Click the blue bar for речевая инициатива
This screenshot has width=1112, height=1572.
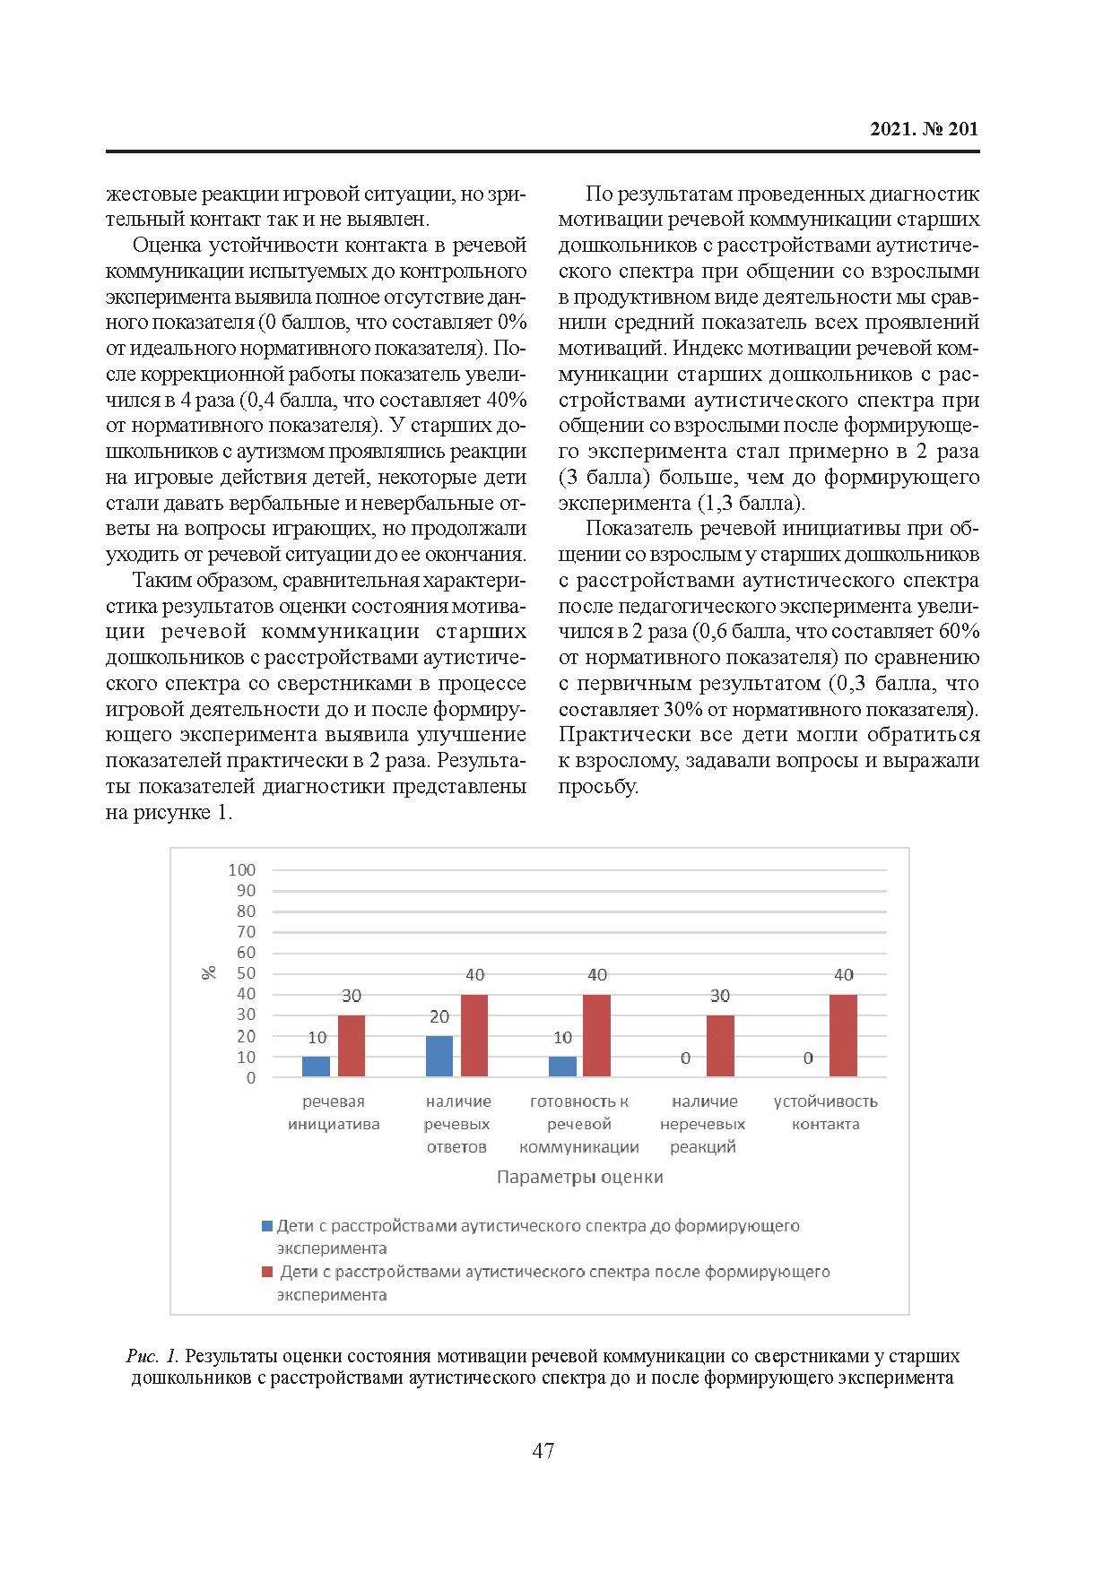(x=316, y=1067)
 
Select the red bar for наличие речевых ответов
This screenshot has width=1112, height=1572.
(x=474, y=1035)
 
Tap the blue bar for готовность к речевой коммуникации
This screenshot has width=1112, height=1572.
(x=562, y=1067)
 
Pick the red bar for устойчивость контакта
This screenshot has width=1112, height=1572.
(x=843, y=1035)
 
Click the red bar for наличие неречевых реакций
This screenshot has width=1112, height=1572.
(x=720, y=1046)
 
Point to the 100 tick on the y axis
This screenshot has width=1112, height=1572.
(x=242, y=870)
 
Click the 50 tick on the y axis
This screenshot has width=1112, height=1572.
(x=246, y=974)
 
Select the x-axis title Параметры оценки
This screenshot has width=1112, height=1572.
(x=579, y=1178)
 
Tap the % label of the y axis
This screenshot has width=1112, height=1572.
(x=209, y=973)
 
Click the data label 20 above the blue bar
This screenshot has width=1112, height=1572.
(x=439, y=1017)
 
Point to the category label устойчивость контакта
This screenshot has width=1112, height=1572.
(x=825, y=1113)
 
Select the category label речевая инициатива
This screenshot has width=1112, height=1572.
(x=334, y=1113)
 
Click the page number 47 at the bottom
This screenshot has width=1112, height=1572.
(x=543, y=1451)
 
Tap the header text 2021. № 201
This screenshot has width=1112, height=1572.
(x=924, y=129)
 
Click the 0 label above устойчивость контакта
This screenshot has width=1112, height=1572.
(x=808, y=1058)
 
